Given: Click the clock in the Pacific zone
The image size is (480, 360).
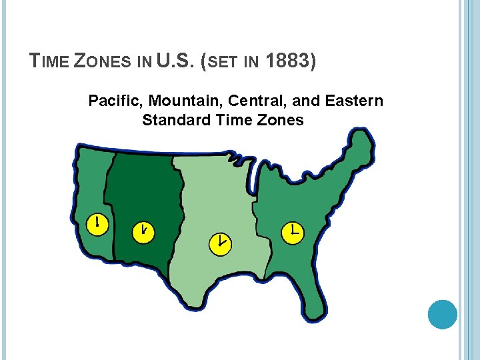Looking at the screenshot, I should [97, 224].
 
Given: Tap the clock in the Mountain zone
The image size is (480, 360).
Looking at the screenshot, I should [143, 232].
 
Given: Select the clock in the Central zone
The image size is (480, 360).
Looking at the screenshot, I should [220, 243].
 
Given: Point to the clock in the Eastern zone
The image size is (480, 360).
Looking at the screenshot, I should [292, 232].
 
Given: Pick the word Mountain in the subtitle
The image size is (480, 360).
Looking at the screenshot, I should [185, 101].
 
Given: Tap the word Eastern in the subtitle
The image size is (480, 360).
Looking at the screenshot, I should [354, 101].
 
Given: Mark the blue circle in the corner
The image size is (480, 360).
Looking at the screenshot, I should [442, 314].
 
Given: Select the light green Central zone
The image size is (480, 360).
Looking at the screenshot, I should [213, 207].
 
